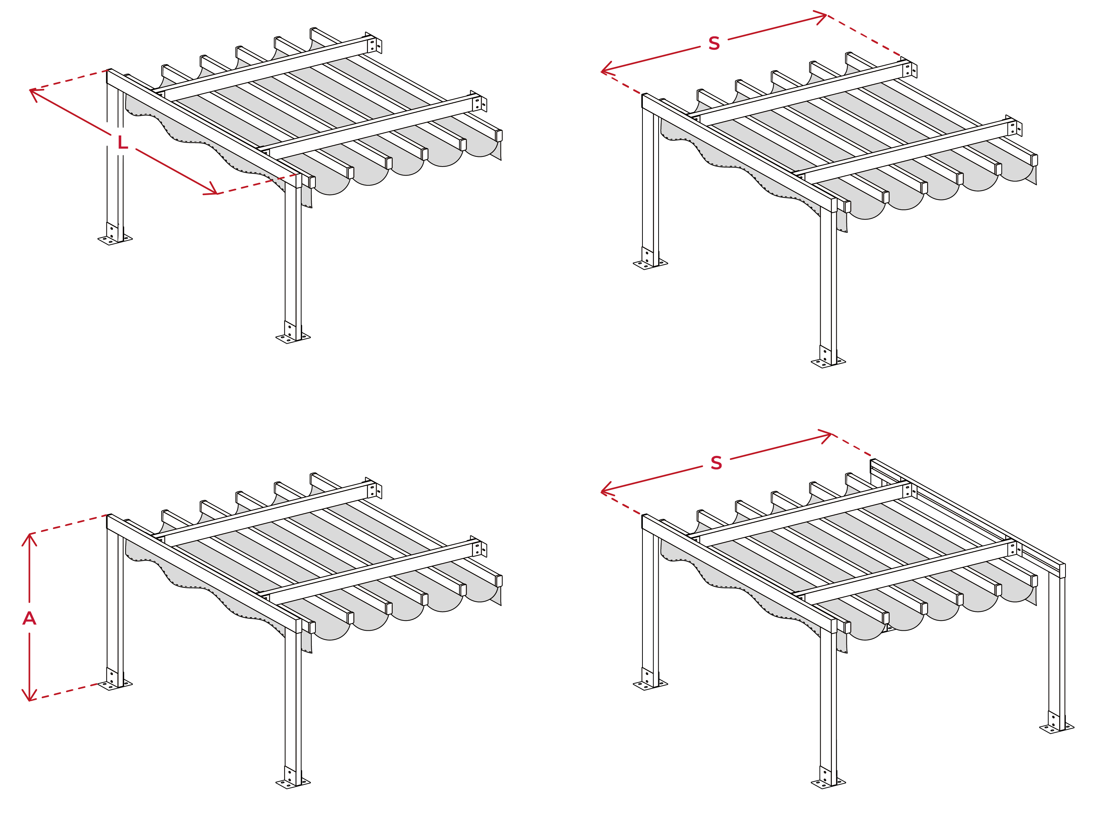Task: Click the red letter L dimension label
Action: [x=123, y=143]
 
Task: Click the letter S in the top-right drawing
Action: [x=714, y=43]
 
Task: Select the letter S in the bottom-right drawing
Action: [x=716, y=463]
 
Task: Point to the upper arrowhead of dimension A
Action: [x=30, y=539]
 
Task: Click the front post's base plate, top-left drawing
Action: [x=293, y=337]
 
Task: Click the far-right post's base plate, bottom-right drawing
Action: [x=1056, y=727]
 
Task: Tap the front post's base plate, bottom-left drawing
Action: [x=293, y=782]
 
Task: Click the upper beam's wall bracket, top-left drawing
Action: [x=374, y=43]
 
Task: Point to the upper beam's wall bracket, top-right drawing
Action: [x=909, y=68]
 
